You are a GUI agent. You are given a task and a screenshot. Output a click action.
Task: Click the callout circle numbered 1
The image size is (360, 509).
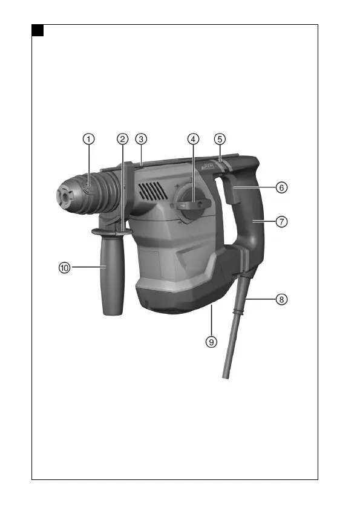click(x=89, y=138)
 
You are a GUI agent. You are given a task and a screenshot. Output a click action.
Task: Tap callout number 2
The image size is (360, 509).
click(x=123, y=138)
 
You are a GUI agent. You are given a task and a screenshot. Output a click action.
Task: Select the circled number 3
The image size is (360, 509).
click(x=140, y=138)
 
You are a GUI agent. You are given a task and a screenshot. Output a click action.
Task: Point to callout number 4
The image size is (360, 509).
click(x=192, y=138)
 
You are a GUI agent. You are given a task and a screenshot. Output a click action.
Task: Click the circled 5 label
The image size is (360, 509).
click(x=220, y=138)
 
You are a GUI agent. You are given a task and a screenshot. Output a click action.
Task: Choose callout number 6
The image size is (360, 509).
click(x=281, y=187)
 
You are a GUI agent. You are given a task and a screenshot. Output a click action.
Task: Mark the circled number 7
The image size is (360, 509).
click(x=281, y=221)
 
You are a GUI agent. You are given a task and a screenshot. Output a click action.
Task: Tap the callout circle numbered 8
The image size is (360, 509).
click(x=281, y=299)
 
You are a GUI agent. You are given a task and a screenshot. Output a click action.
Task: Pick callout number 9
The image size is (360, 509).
click(x=211, y=342)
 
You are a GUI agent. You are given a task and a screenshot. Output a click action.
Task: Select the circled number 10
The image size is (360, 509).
click(x=65, y=267)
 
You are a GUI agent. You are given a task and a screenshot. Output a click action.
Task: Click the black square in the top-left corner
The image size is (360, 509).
click(x=38, y=30)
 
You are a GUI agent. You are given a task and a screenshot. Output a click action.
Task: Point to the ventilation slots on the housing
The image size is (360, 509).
click(x=152, y=192)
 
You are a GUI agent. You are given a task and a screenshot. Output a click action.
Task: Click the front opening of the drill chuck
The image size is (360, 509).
click(x=61, y=196)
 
